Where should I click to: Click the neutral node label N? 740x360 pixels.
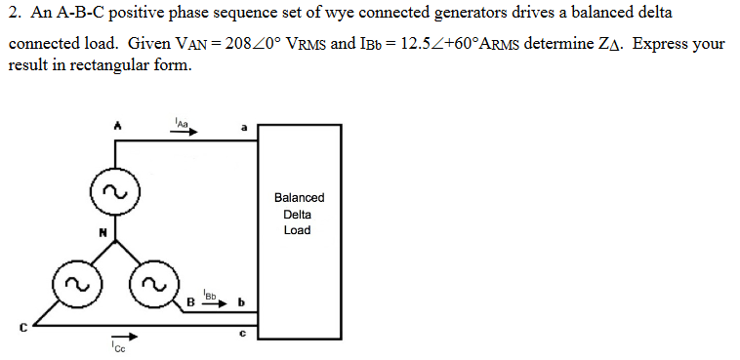(100, 231)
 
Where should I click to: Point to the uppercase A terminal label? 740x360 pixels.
(116, 125)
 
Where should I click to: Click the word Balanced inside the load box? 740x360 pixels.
(299, 197)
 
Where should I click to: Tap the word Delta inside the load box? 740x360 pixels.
(298, 214)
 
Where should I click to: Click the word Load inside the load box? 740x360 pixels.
(298, 230)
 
